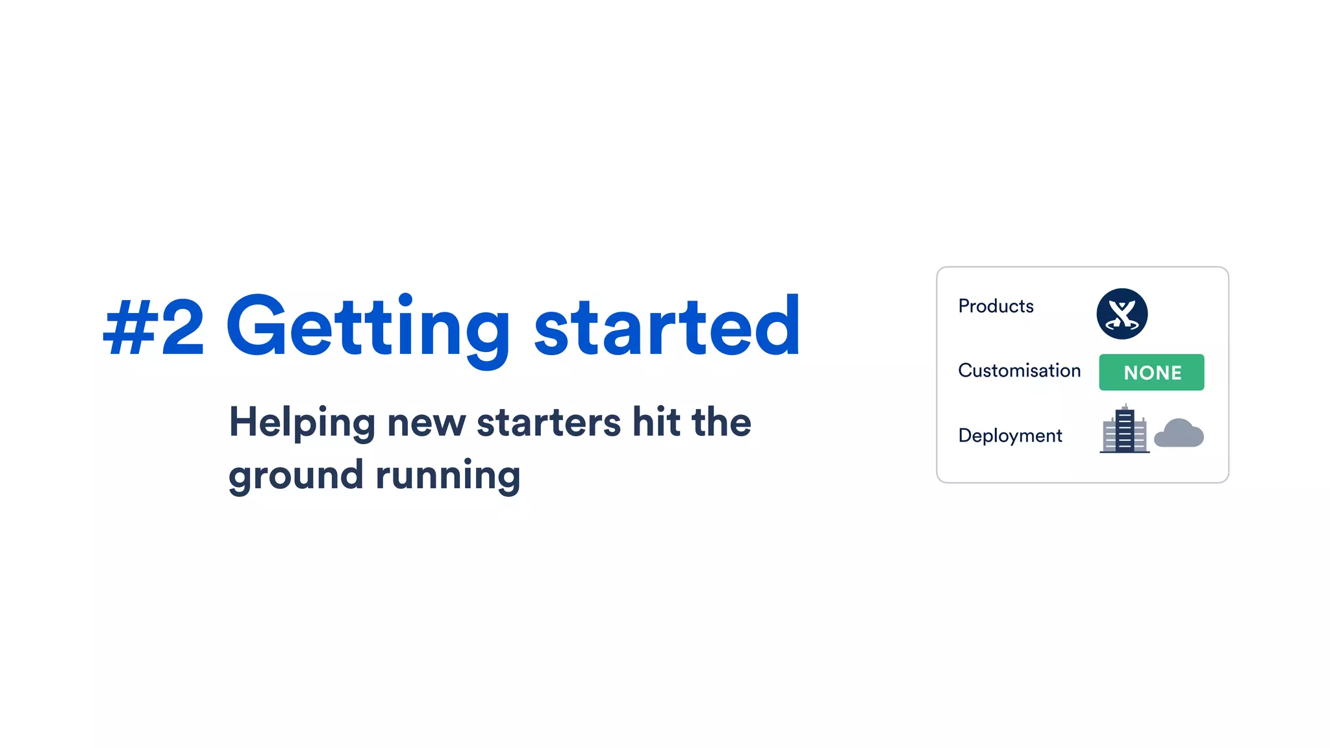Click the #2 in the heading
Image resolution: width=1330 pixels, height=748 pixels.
154,327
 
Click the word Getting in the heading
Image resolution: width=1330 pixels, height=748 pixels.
368,327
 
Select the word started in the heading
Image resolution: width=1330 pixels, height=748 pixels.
667,326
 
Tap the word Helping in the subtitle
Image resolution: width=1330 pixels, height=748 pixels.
302,423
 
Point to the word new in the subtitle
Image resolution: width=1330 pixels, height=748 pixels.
426,423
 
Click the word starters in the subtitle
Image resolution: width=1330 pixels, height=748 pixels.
549,423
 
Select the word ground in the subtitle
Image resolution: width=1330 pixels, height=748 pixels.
295,476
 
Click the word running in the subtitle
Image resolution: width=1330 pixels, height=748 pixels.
448,476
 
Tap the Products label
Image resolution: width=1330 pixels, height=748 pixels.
996,306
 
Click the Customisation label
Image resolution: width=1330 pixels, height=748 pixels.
1019,370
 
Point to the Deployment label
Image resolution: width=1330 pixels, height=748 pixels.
1010,435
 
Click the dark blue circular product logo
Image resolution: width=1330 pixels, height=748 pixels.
1122,314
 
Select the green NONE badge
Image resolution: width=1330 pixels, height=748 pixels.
1151,372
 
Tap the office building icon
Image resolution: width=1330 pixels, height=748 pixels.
1124,429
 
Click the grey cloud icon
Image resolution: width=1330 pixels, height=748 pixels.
1179,433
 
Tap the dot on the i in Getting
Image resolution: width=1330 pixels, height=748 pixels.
406,299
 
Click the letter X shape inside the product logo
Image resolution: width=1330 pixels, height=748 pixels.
1122,314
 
